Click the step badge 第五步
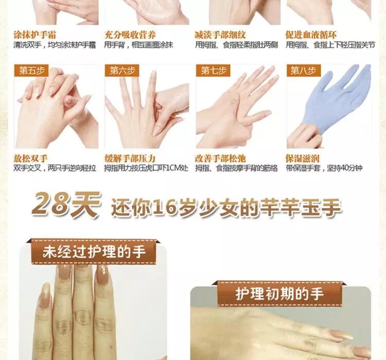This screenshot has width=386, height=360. click(31, 71)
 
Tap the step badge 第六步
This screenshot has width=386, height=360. click(122, 71)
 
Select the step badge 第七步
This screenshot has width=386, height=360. click(213, 71)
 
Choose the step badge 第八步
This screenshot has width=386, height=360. click(304, 71)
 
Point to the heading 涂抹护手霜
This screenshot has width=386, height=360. click(34, 34)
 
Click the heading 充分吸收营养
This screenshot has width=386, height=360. click(130, 34)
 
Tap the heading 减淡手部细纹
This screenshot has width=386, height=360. click(220, 34)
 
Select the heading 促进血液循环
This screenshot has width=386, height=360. click(311, 34)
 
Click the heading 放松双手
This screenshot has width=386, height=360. click(30, 158)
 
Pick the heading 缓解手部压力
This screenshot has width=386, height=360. click(130, 158)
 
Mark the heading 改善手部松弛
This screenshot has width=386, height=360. click(220, 158)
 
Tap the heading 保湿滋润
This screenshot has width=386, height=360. click(303, 158)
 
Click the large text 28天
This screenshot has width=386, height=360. click(66, 205)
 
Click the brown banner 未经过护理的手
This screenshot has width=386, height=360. click(94, 251)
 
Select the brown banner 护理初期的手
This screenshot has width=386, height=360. click(279, 294)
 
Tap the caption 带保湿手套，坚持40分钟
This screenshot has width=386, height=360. click(324, 168)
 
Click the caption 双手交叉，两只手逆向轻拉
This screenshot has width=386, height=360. click(55, 168)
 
